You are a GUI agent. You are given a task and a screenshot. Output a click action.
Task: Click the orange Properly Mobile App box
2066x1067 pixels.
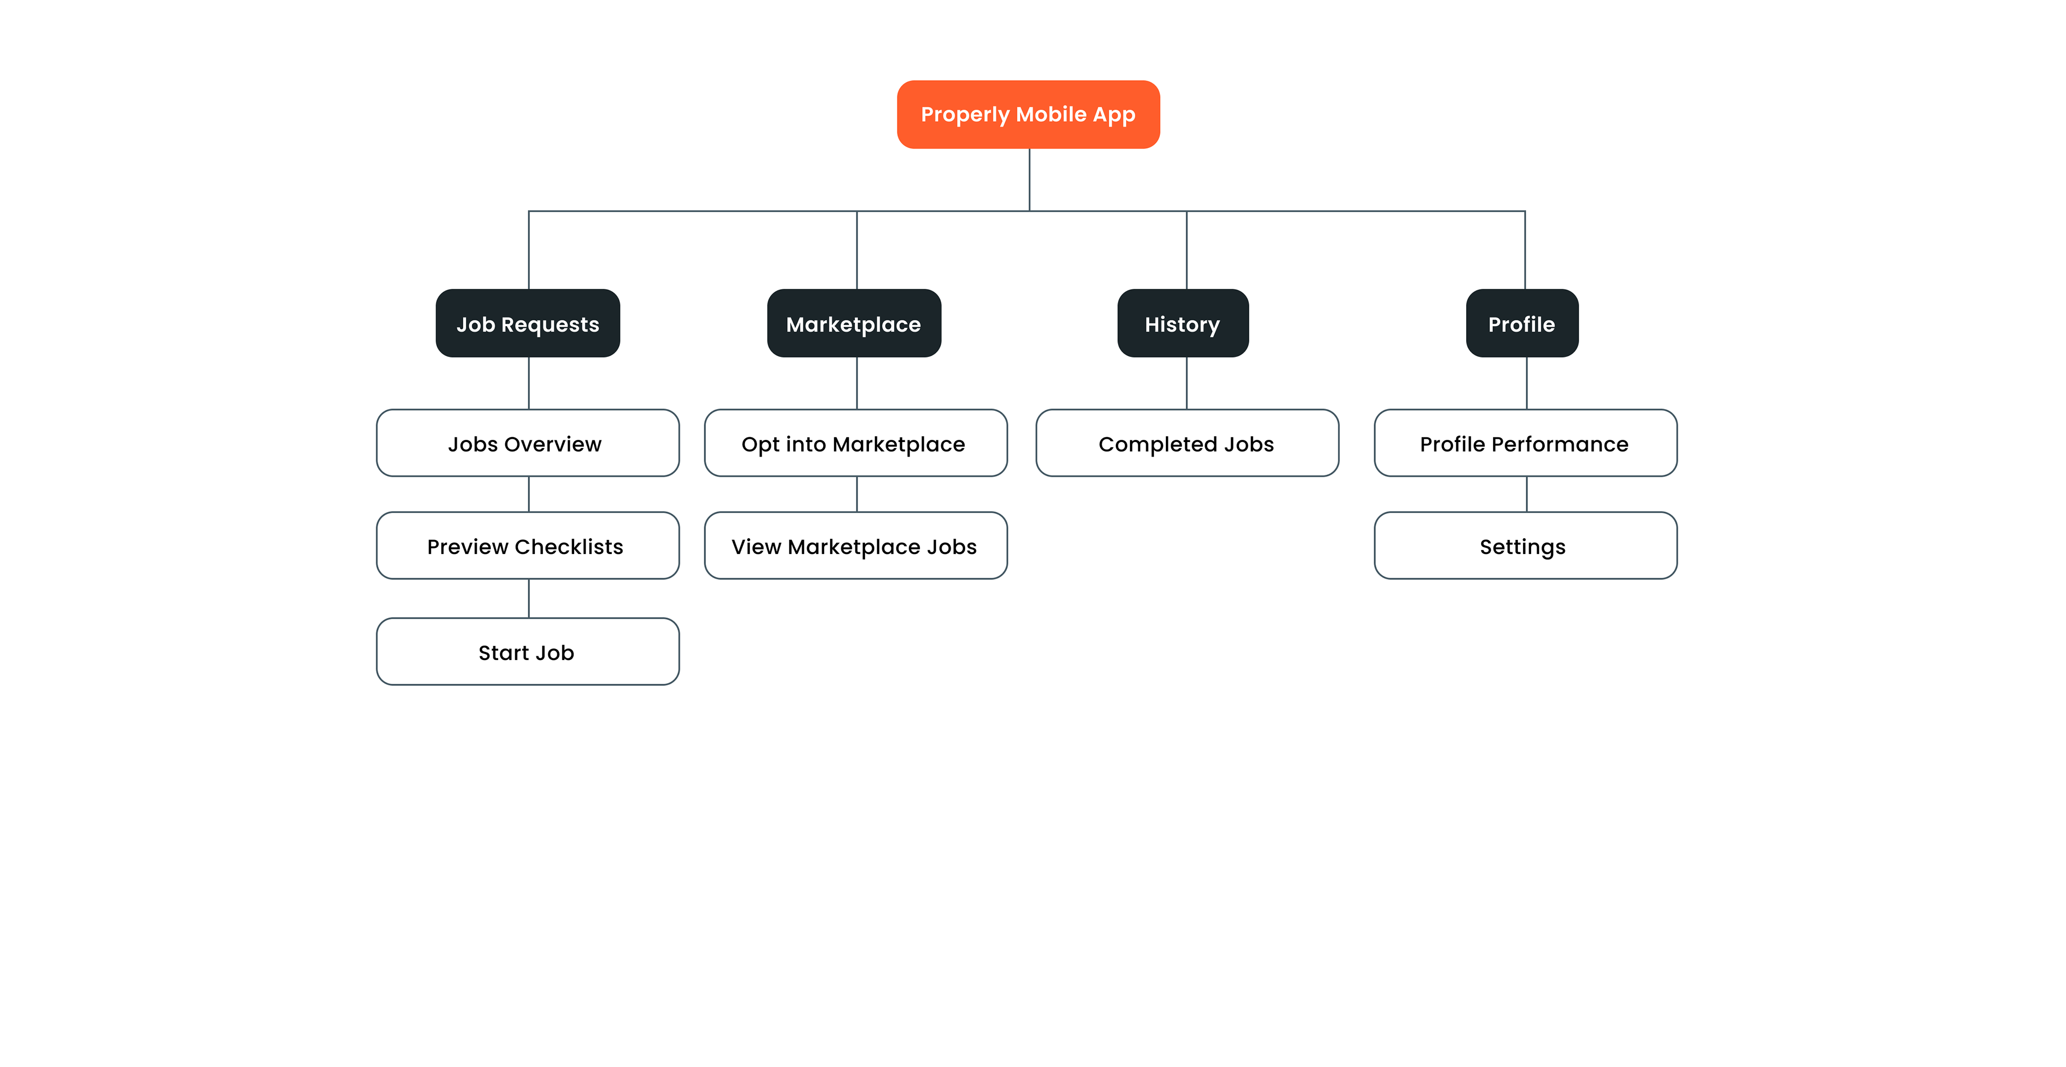pyautogui.click(x=1028, y=114)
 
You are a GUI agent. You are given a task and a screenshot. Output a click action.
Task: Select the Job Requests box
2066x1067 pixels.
pyautogui.click(x=528, y=324)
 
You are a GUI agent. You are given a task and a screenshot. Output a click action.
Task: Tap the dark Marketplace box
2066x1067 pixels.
pyautogui.click(x=854, y=324)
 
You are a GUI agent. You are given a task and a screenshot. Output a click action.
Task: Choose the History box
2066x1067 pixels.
pyautogui.click(x=1183, y=324)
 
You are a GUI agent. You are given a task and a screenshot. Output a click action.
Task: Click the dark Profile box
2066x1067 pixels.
pyautogui.click(x=1522, y=324)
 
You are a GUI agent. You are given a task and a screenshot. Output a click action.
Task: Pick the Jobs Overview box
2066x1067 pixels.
pyautogui.click(x=528, y=443)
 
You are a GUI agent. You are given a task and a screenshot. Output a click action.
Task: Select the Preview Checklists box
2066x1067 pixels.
pyautogui.click(x=528, y=545)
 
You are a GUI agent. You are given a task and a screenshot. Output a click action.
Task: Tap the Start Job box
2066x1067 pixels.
pyautogui.click(x=528, y=651)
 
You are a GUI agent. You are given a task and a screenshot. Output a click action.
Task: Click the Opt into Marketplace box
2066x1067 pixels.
pyautogui.click(x=856, y=443)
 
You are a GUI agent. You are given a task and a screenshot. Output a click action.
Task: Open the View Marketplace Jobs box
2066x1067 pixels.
pyautogui.click(x=856, y=545)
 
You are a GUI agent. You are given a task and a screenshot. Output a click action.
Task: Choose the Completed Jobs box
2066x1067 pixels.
pyautogui.click(x=1187, y=443)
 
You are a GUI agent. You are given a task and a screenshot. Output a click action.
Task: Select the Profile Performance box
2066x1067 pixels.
pyautogui.click(x=1525, y=443)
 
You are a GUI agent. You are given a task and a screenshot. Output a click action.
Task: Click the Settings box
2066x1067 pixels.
pyautogui.click(x=1525, y=545)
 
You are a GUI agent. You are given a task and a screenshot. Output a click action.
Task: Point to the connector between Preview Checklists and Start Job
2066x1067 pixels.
pyautogui.click(x=528, y=599)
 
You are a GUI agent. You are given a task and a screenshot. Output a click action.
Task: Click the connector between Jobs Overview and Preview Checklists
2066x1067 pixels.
pyautogui.click(x=528, y=494)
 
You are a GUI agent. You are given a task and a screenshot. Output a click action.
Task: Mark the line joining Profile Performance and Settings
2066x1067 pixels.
pyautogui.click(x=1526, y=494)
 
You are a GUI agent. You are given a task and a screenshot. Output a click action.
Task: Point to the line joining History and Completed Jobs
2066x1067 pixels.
pyautogui.click(x=1186, y=383)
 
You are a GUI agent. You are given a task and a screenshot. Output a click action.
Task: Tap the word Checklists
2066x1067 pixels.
pyautogui.click(x=569, y=546)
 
